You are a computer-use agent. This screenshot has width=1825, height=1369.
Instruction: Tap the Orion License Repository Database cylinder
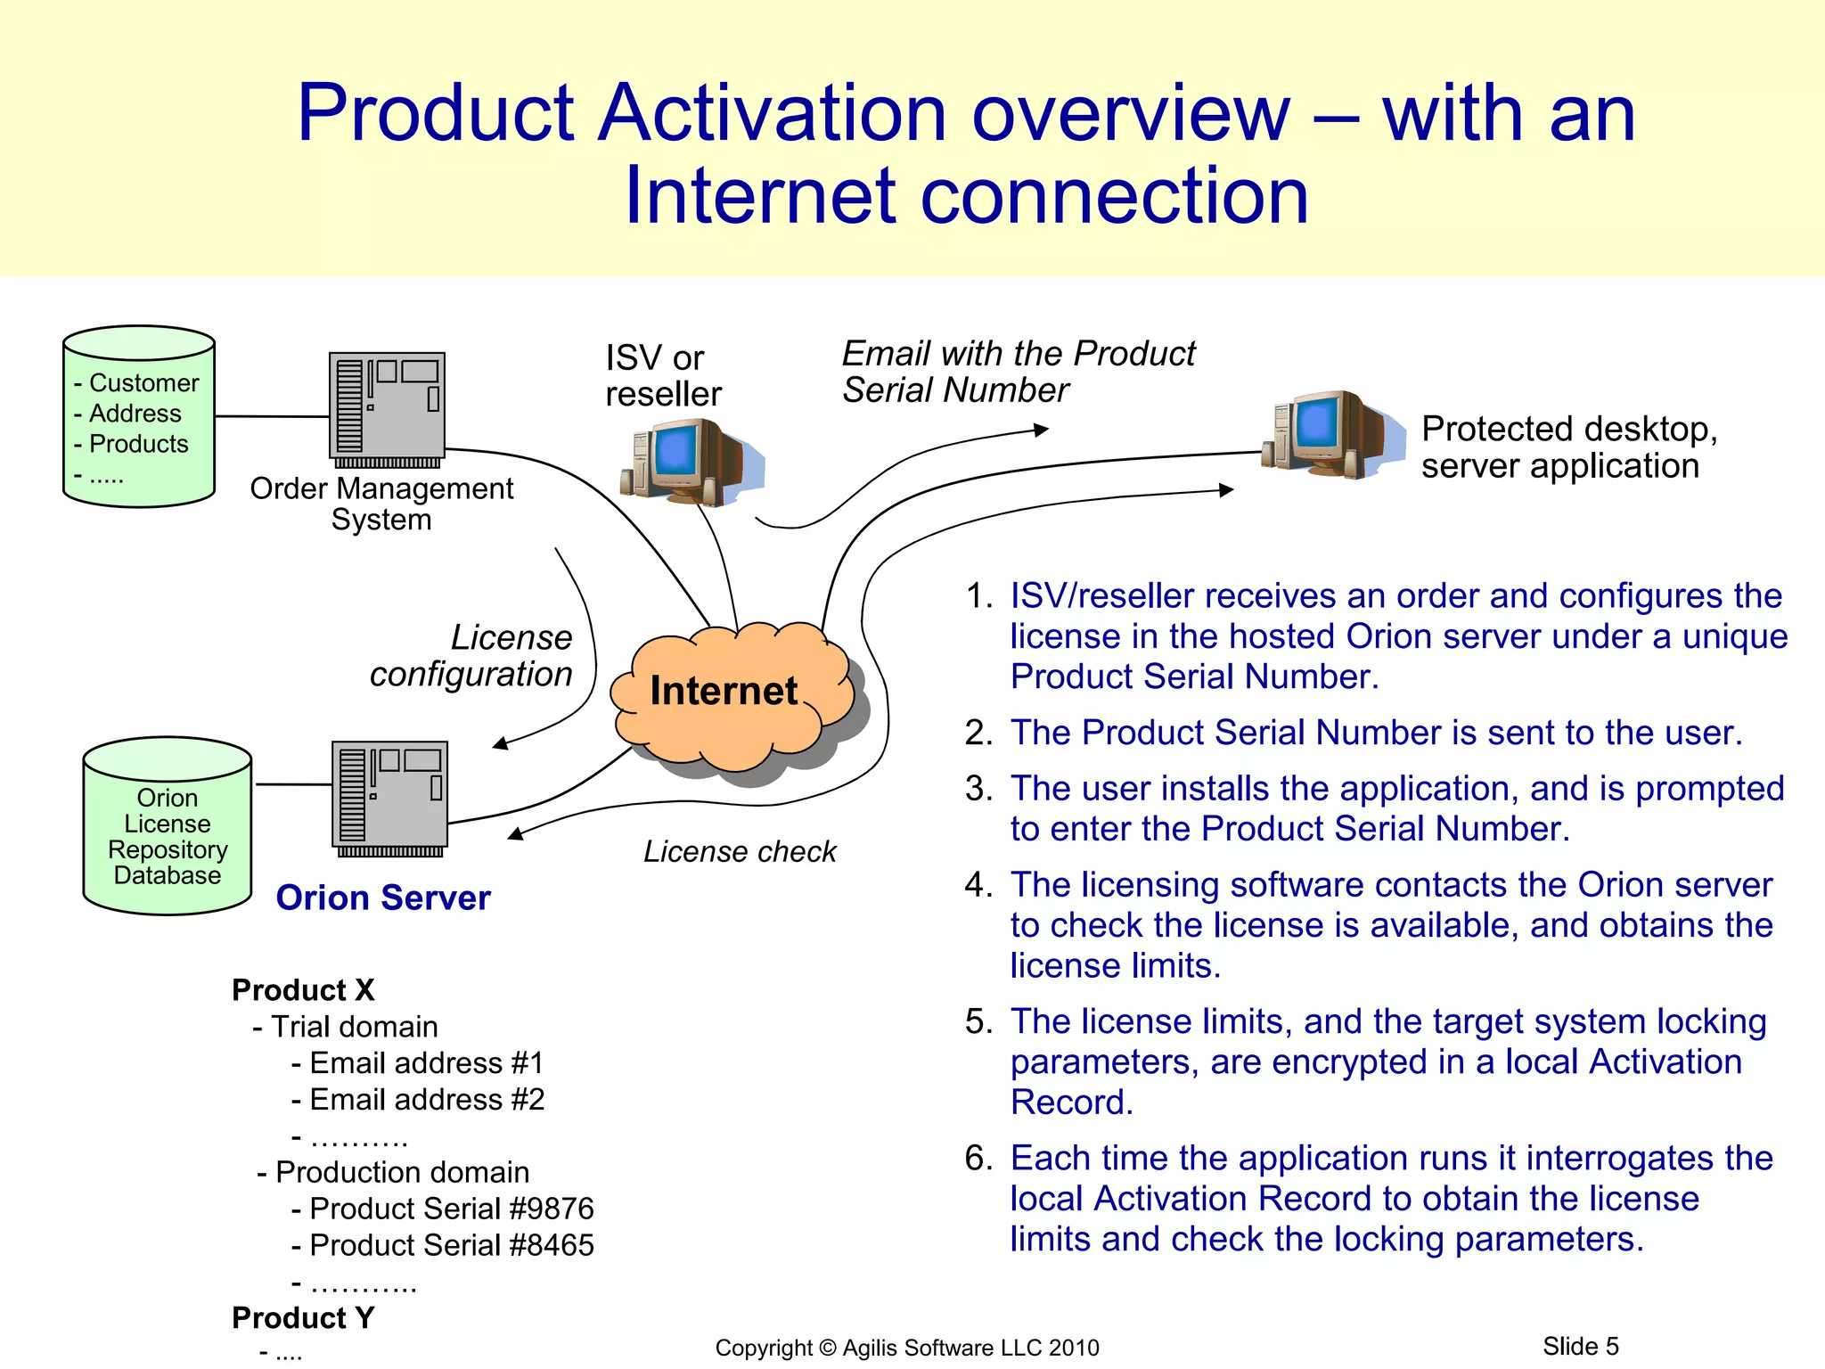[168, 829]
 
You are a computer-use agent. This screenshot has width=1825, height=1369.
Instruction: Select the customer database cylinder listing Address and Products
[139, 417]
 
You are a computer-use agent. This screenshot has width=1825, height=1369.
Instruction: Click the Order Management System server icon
[387, 407]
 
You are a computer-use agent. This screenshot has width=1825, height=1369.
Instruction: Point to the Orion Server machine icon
[389, 796]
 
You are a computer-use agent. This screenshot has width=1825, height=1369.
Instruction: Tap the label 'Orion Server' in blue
[383, 898]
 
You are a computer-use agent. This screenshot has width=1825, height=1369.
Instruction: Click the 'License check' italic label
[740, 852]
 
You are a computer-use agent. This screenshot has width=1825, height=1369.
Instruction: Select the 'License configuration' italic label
[472, 656]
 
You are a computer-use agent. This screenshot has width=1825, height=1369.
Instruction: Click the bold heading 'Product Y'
[303, 1317]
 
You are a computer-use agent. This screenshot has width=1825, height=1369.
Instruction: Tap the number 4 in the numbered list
[977, 885]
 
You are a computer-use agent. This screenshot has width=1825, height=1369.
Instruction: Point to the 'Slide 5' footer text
[1580, 1346]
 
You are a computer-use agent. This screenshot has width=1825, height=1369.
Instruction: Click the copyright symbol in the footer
[829, 1348]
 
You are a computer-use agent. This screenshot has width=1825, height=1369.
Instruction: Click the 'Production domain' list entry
[402, 1172]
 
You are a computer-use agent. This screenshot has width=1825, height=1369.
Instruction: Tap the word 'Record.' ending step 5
[1071, 1103]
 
